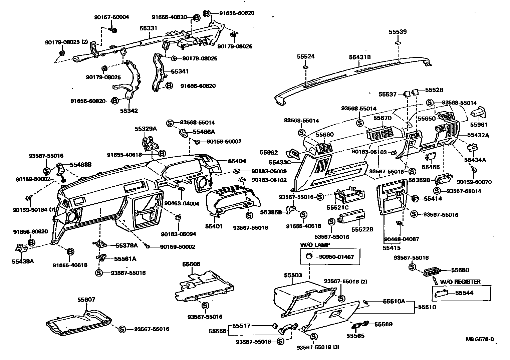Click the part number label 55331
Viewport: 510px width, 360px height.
point(148,29)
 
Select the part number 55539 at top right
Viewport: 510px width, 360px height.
point(398,32)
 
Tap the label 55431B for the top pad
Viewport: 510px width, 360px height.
point(360,57)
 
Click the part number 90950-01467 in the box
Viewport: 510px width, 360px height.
point(336,257)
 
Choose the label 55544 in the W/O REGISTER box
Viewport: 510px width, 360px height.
point(464,293)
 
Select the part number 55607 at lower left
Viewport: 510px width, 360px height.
point(86,300)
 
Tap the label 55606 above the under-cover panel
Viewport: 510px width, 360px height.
point(191,264)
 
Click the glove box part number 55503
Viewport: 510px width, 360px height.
point(293,275)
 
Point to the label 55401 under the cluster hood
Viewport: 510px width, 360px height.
point(214,226)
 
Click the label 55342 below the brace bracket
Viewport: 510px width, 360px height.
point(129,111)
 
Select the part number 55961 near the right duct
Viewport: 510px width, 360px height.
point(479,125)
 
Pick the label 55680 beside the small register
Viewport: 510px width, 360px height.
point(460,270)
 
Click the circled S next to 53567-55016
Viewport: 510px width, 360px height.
point(331,222)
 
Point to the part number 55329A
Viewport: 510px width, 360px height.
point(146,129)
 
